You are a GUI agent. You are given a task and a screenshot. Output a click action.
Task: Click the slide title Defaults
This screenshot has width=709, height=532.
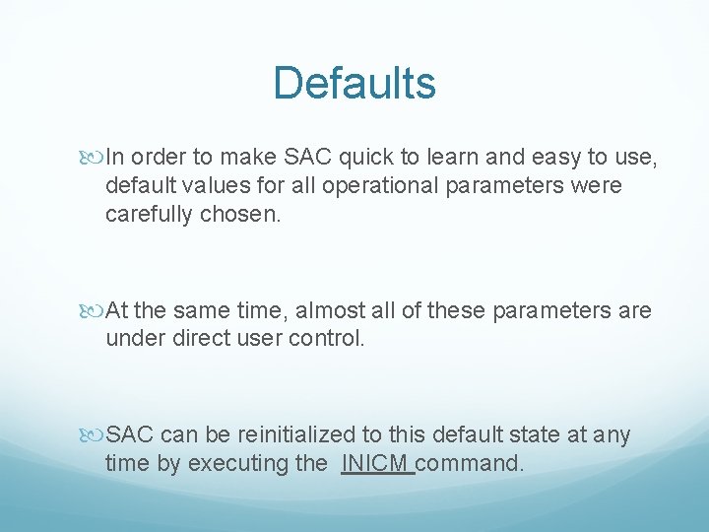pos(354,83)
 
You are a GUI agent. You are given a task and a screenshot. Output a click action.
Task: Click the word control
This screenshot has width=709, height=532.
pos(331,340)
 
